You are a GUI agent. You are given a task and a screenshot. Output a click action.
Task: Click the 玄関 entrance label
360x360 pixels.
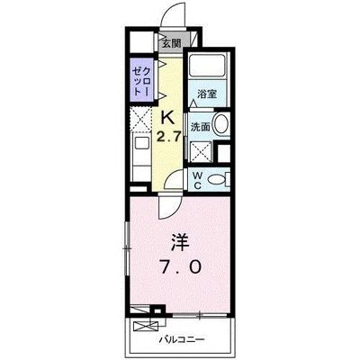pyautogui.click(x=171, y=41)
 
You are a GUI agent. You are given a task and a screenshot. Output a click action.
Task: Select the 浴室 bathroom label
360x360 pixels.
pyautogui.click(x=208, y=94)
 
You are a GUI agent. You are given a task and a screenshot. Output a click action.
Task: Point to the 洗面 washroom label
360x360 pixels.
pyautogui.click(x=201, y=127)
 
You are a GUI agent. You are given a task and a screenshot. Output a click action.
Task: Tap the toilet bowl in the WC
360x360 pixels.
pyautogui.click(x=216, y=179)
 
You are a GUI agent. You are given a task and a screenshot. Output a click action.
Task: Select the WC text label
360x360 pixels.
pyautogui.click(x=198, y=177)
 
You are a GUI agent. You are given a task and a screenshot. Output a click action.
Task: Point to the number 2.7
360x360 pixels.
pyautogui.click(x=166, y=137)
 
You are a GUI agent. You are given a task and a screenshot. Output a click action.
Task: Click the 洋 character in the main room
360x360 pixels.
pyautogui.click(x=178, y=243)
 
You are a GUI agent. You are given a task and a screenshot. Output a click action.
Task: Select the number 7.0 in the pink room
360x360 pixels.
pyautogui.click(x=180, y=268)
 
